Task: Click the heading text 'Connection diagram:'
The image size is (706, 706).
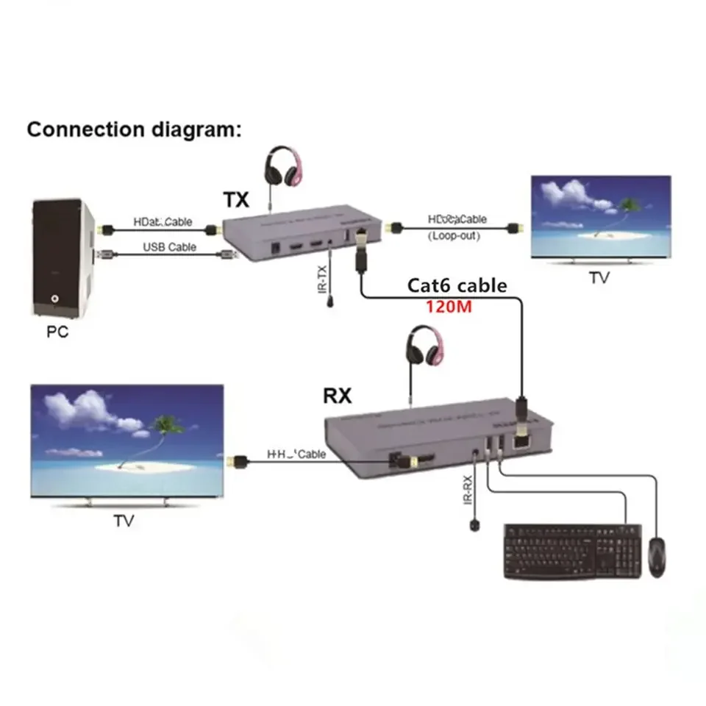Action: coord(133,129)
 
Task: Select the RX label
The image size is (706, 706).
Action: coord(338,396)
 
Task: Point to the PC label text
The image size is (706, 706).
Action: coord(57,332)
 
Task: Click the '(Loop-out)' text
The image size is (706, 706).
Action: coord(457,236)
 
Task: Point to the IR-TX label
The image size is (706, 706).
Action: coord(321,282)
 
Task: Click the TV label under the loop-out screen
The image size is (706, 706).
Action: coord(599,278)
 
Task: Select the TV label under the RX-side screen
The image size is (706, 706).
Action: coord(124,521)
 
